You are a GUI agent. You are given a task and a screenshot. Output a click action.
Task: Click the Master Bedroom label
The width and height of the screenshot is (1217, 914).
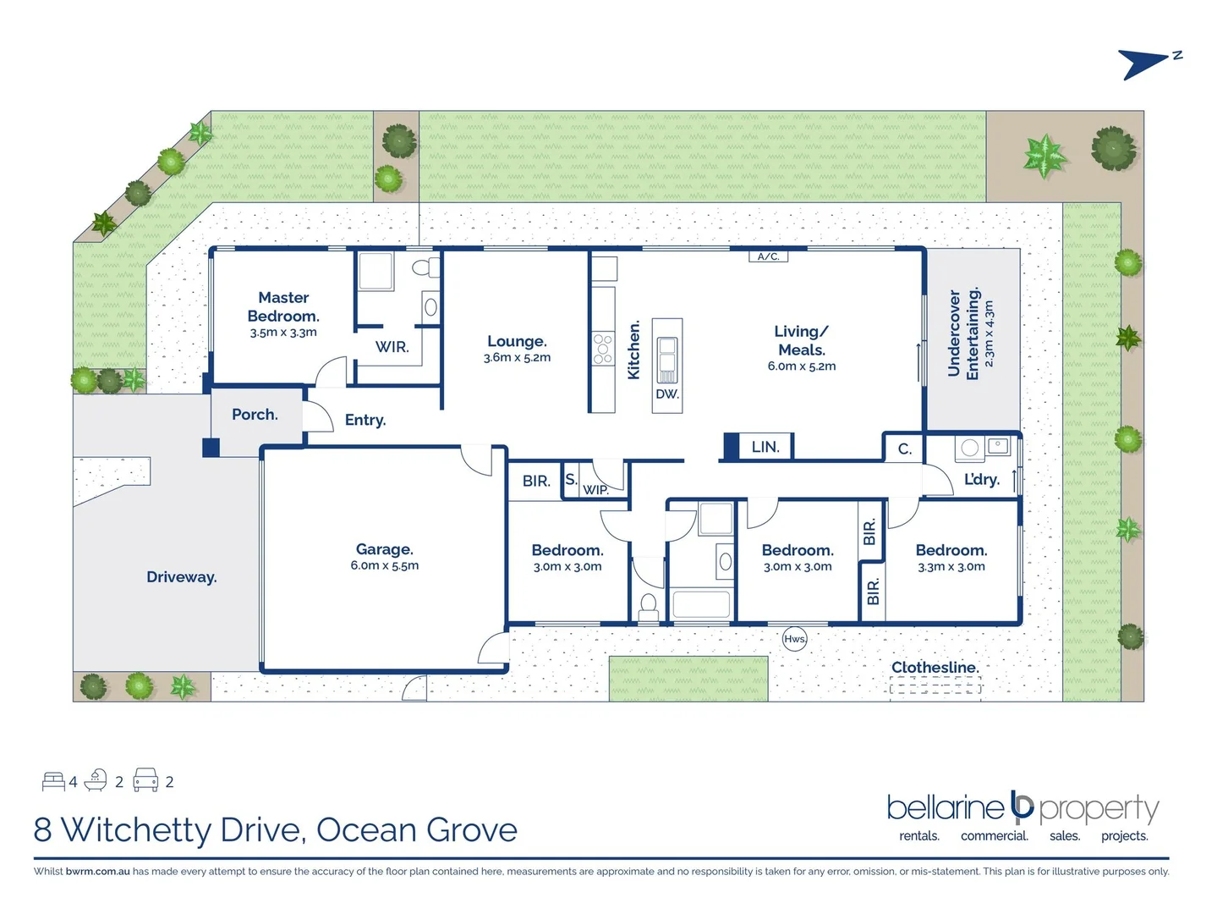pos(283,306)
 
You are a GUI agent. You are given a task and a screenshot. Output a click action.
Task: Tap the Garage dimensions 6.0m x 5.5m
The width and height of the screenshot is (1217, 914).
pos(385,566)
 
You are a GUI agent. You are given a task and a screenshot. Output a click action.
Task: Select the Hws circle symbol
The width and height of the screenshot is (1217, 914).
pos(794,639)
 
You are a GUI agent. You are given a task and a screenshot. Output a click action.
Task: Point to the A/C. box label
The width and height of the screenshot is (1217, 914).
pos(768,256)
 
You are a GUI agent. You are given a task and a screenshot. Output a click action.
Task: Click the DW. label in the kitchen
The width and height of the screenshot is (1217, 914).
pos(666,394)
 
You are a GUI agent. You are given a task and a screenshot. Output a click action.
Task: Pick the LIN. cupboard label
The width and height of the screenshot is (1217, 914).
pos(765,447)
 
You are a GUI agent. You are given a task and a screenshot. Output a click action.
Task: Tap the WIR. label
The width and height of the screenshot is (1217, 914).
pos(392,347)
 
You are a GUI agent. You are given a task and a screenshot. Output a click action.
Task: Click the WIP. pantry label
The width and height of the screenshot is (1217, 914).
pos(595,490)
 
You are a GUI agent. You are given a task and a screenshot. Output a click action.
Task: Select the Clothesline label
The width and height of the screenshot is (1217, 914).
pos(935,668)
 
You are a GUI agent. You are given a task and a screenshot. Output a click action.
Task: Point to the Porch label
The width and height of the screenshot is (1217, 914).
pos(255,415)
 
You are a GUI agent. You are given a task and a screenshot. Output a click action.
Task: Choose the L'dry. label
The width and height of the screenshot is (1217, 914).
pos(981,480)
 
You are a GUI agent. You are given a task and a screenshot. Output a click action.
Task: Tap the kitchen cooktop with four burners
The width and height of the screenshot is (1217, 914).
pos(602,348)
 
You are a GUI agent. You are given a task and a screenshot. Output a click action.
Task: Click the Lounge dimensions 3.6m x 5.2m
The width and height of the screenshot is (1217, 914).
pos(517,358)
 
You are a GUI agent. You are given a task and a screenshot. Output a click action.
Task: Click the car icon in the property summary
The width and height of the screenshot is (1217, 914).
pos(145,780)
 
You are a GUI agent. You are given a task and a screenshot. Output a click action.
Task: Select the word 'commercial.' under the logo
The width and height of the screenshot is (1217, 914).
pos(994,836)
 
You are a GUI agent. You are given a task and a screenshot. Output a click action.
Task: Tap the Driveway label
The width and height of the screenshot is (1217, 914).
pos(181,577)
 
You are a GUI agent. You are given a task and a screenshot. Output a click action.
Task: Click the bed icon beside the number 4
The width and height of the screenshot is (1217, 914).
pos(53,780)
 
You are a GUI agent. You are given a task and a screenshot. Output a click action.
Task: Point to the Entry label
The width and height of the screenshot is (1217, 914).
pos(365,420)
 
